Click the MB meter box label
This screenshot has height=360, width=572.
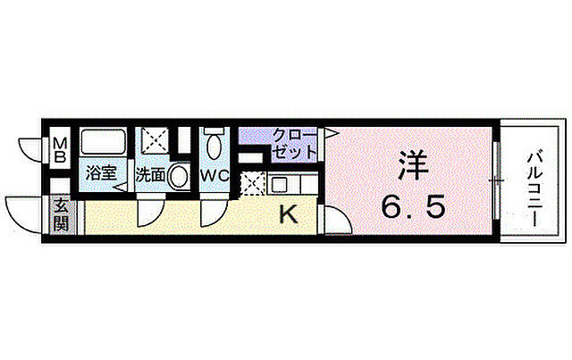tap(60, 149)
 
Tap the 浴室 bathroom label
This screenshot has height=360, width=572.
tap(101, 173)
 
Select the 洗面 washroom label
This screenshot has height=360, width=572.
tap(150, 174)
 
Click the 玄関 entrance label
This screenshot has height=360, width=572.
tap(60, 214)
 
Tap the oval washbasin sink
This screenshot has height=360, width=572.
tap(179, 175)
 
